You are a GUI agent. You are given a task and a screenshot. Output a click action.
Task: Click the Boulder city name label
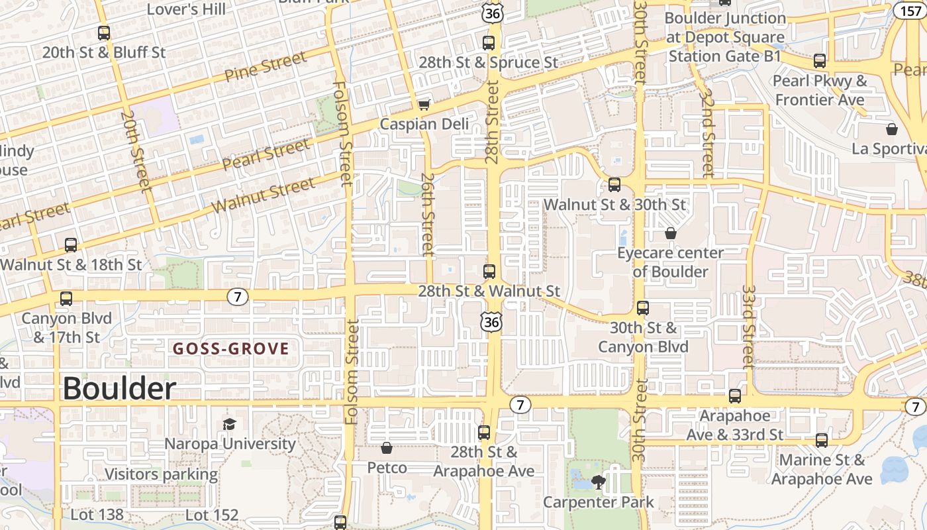pyautogui.click(x=119, y=389)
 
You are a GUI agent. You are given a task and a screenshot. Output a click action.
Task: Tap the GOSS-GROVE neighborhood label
pyautogui.click(x=231, y=348)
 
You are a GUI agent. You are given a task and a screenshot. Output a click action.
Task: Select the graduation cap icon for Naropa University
pyautogui.click(x=229, y=424)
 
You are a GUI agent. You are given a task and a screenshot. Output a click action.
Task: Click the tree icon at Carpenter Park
pyautogui.click(x=599, y=482)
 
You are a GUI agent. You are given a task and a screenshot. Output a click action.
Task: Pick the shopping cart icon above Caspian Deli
pyautogui.click(x=424, y=105)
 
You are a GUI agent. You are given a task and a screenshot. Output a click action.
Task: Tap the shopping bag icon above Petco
pyautogui.click(x=387, y=449)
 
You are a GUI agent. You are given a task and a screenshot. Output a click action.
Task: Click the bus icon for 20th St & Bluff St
pyautogui.click(x=104, y=32)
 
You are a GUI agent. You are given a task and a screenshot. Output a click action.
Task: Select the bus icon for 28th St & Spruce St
pyautogui.click(x=489, y=43)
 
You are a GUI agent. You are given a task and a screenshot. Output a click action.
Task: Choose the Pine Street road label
pyautogui.click(x=266, y=67)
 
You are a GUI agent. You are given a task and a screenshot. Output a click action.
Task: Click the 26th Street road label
pyautogui.click(x=428, y=215)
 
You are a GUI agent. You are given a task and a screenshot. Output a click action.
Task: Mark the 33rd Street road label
pyautogui.click(x=749, y=327)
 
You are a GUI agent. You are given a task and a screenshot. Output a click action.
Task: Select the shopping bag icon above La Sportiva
pyautogui.click(x=891, y=129)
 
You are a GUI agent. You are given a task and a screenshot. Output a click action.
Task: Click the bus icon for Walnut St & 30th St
pyautogui.click(x=614, y=185)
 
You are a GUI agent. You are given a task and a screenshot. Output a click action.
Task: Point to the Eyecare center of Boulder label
pyautogui.click(x=670, y=262)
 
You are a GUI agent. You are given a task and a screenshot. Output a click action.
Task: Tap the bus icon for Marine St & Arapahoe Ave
pyautogui.click(x=822, y=440)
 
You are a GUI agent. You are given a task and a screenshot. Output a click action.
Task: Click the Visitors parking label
pyautogui.click(x=161, y=474)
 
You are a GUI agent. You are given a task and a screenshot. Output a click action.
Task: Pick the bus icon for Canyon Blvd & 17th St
pyautogui.click(x=66, y=299)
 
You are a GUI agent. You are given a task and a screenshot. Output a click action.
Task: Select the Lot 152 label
pyautogui.click(x=211, y=515)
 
